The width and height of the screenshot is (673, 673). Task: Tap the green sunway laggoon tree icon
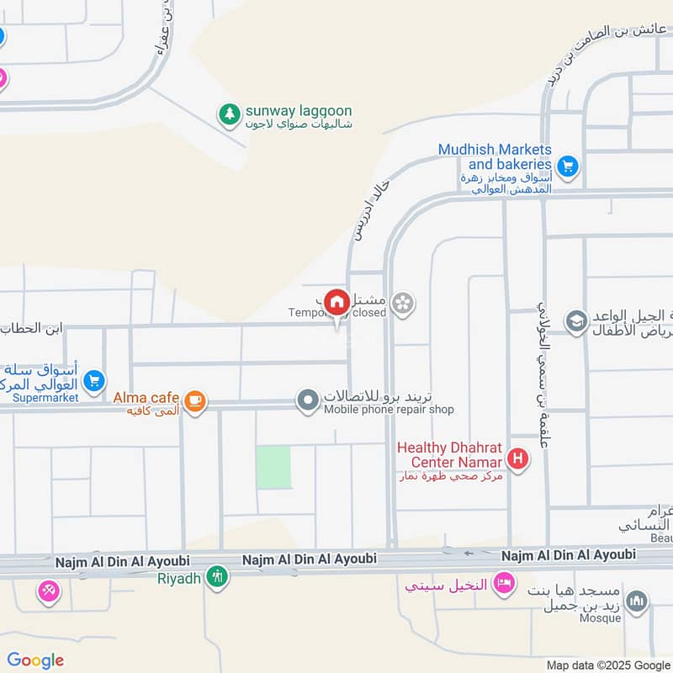pos(228,113)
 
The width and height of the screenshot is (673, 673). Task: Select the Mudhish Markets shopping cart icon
pos(568,167)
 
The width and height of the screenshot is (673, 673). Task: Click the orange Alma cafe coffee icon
pos(195,401)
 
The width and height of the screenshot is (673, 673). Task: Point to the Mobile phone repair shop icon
pos(309,400)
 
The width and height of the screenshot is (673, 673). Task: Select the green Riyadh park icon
pos(217,578)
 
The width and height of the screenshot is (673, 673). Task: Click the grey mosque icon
pos(639,601)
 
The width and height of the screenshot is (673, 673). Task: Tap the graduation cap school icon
pos(576,322)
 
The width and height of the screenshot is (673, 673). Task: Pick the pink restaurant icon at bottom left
pos(49,591)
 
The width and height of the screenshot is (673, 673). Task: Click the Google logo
pos(35,660)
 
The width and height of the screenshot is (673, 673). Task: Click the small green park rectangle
pos(273,468)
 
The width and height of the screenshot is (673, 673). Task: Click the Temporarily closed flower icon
pos(404,304)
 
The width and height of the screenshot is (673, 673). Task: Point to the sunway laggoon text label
pos(299,111)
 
